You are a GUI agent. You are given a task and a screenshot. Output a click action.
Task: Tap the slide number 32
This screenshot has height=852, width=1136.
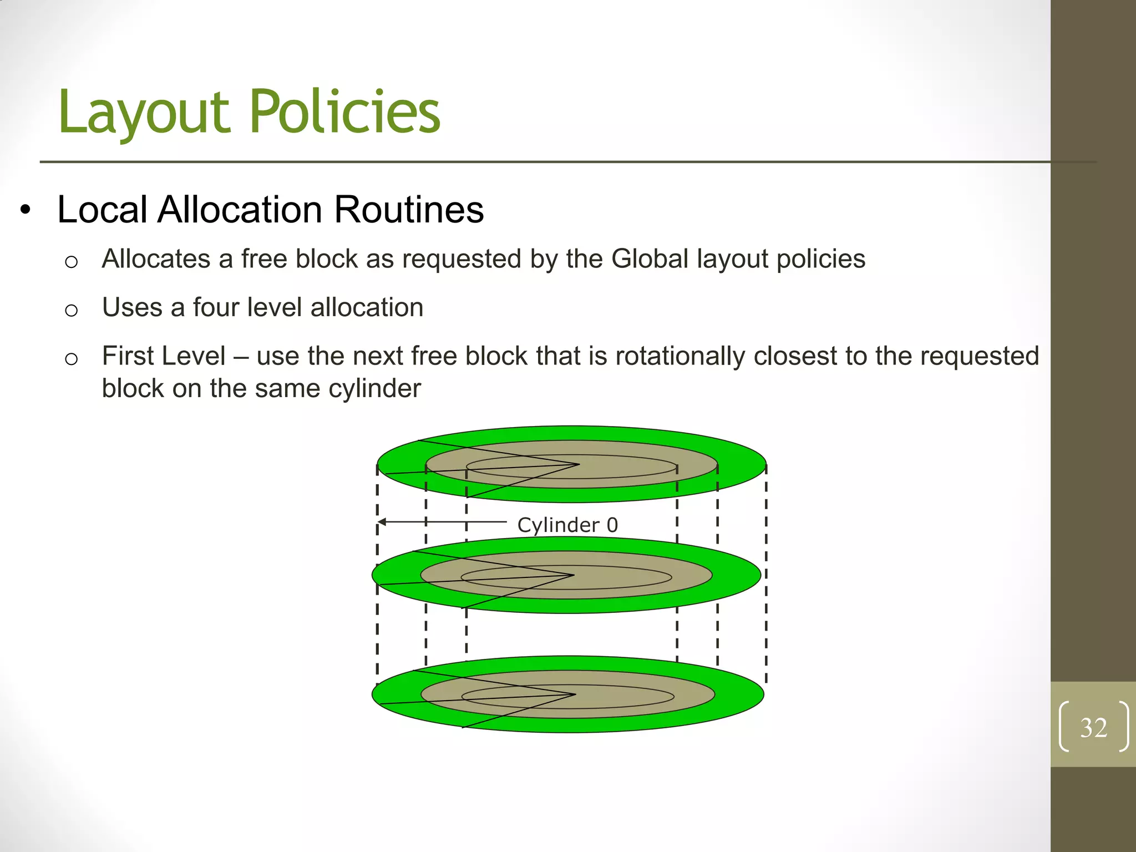click(1093, 727)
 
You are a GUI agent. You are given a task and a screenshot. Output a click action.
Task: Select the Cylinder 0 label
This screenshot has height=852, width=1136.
click(567, 525)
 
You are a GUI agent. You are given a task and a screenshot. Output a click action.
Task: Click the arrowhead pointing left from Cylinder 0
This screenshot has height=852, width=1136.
click(382, 522)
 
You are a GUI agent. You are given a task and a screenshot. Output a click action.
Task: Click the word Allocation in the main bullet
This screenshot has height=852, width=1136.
click(240, 210)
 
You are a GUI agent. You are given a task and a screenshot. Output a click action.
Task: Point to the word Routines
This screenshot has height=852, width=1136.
click(409, 210)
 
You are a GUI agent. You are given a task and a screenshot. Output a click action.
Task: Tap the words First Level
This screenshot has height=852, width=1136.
click(164, 356)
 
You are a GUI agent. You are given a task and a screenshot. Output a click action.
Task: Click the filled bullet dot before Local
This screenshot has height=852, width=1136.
click(25, 211)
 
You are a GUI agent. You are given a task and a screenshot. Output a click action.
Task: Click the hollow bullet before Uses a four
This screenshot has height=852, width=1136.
click(71, 310)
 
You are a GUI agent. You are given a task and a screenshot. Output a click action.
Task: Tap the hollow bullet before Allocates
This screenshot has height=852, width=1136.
click(71, 261)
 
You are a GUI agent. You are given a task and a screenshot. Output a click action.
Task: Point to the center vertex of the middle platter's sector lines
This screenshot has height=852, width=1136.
click(574, 575)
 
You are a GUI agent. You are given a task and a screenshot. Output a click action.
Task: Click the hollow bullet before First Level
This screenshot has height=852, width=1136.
click(71, 359)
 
